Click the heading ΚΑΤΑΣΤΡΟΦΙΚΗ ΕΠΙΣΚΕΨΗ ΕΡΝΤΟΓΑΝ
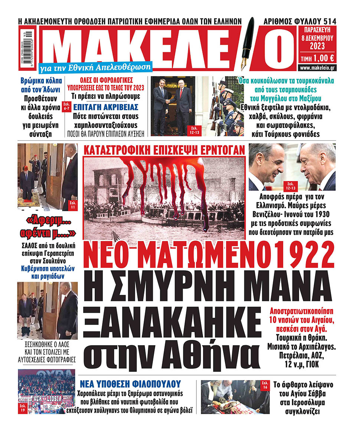click(164, 150)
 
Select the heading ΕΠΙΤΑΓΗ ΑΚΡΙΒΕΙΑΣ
click(106, 108)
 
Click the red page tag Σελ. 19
click(23, 408)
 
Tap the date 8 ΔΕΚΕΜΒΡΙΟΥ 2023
click(316, 42)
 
